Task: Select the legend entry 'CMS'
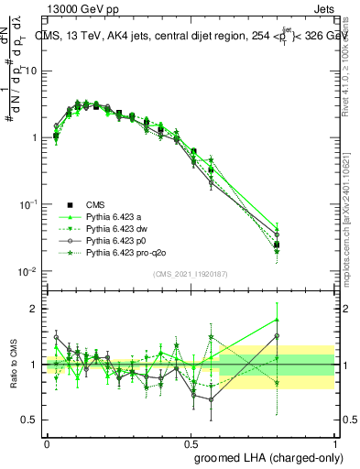97,204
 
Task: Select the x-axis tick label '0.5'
191,442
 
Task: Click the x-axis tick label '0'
47,442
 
